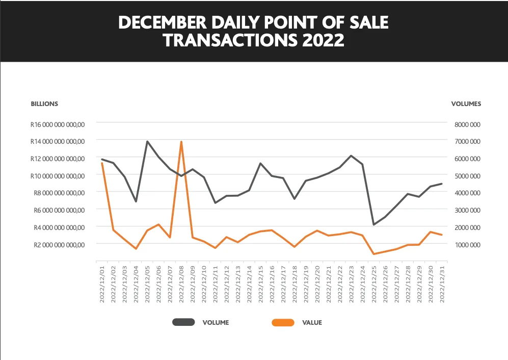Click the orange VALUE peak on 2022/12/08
181,142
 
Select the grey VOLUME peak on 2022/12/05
147,141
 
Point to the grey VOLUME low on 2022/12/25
373,224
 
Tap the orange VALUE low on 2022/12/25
373,254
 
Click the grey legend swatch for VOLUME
184,322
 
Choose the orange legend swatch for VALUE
283,322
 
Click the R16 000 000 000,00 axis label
58,124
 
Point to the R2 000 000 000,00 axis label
59,245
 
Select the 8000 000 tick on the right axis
468,124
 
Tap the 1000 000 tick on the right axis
468,245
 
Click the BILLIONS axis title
44,104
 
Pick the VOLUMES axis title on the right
466,104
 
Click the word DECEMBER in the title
163,22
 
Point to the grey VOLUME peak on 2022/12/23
351,156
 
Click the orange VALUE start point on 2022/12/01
102,163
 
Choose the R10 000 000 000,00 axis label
58,176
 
